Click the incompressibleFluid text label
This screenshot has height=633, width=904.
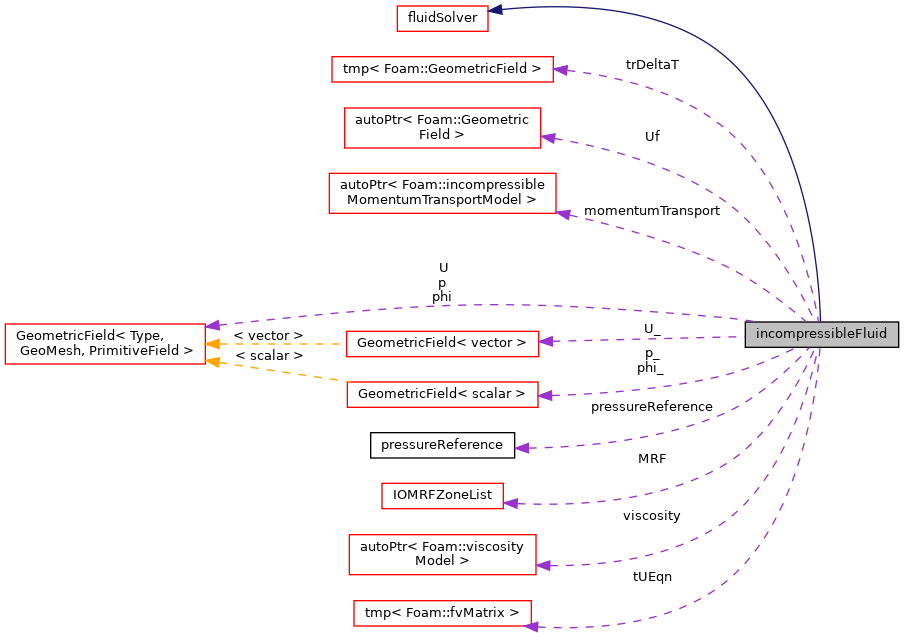tap(821, 334)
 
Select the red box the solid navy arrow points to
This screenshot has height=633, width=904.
tap(442, 18)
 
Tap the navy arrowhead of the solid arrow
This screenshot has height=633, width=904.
tap(495, 10)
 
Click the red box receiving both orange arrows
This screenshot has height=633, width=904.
tap(104, 344)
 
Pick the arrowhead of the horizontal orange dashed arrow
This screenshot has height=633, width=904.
tap(212, 344)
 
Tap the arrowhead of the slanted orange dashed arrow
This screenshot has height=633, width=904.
tap(212, 362)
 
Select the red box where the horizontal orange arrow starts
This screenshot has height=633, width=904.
tap(442, 344)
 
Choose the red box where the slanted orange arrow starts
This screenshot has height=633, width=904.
tap(442, 394)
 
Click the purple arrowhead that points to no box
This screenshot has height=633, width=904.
tap(521, 448)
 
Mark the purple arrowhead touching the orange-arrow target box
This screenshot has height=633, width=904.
tap(212, 325)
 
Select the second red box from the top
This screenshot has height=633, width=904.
tap(442, 69)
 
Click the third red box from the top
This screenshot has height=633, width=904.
tap(442, 128)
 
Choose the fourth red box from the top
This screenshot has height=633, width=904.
tap(442, 193)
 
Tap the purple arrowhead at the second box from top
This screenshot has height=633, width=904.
tap(560, 70)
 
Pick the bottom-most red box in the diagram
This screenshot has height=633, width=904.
tap(442, 613)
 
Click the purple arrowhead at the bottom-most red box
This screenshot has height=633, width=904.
tap(531, 626)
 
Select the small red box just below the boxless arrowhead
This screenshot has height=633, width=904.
tap(442, 496)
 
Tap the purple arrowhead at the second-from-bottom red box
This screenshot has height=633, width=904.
tap(543, 566)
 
